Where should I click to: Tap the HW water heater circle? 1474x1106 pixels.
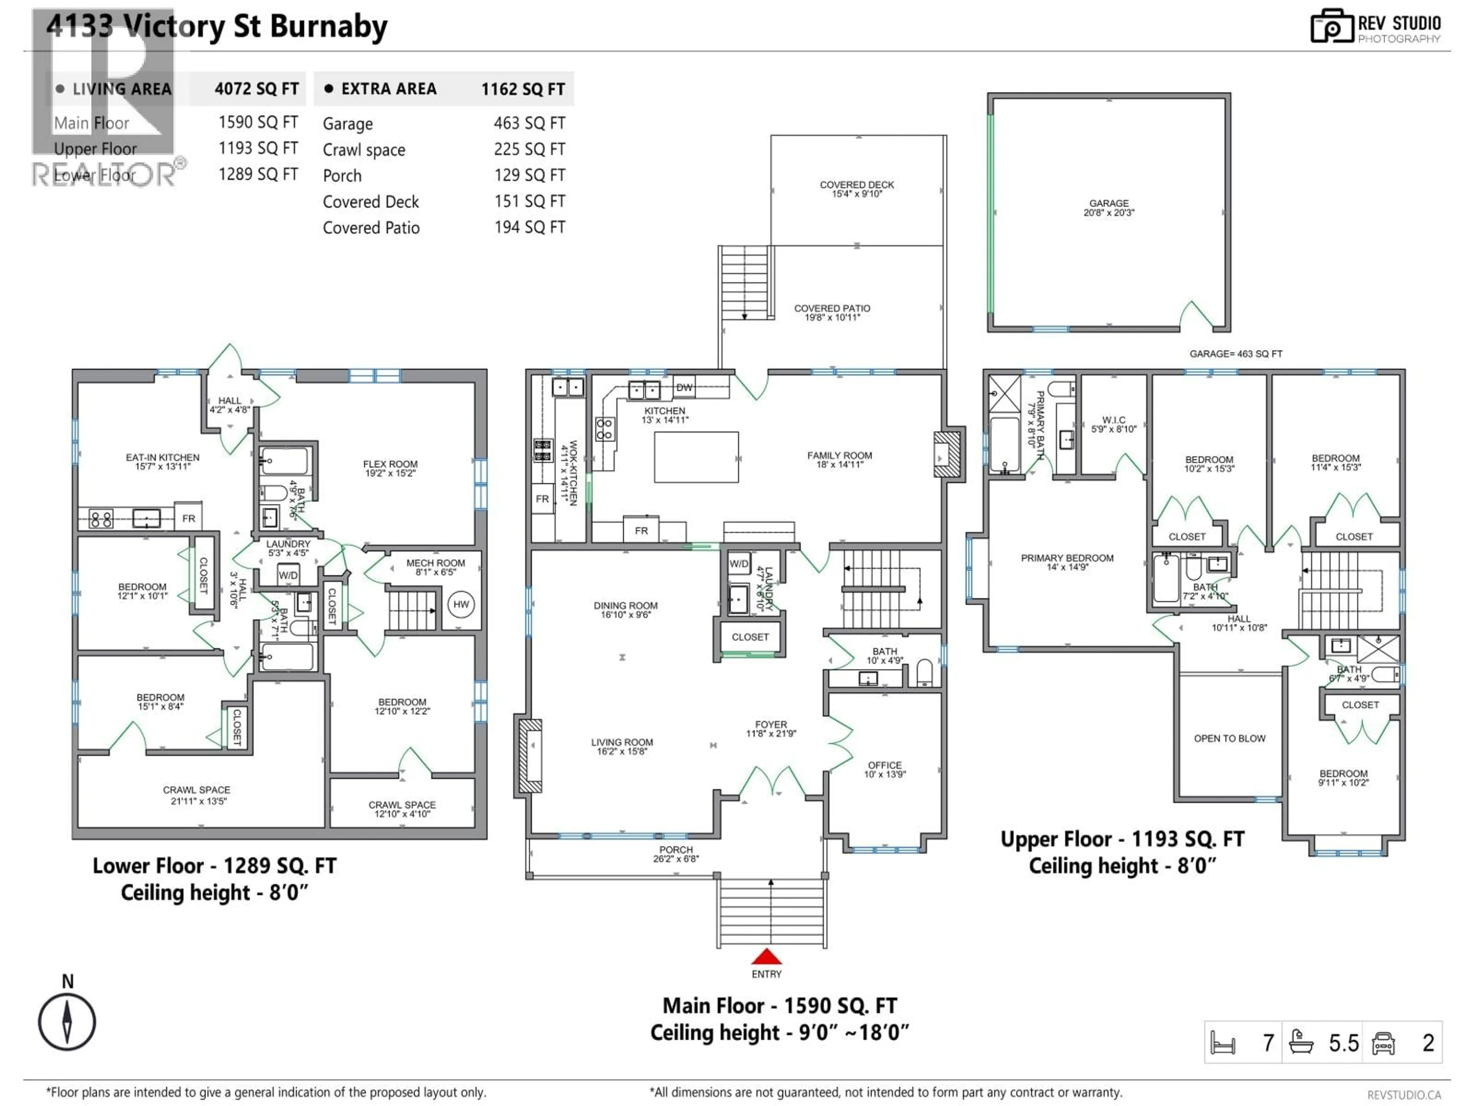point(461,605)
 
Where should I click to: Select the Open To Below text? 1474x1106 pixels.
point(1229,738)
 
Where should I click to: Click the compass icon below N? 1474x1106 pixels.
point(67,1022)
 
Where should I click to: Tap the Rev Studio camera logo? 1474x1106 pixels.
point(1332,26)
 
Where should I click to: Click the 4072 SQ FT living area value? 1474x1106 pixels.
point(256,89)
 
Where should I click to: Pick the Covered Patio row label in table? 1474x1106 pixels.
point(371,228)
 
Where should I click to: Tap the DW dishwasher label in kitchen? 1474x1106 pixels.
point(684,387)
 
